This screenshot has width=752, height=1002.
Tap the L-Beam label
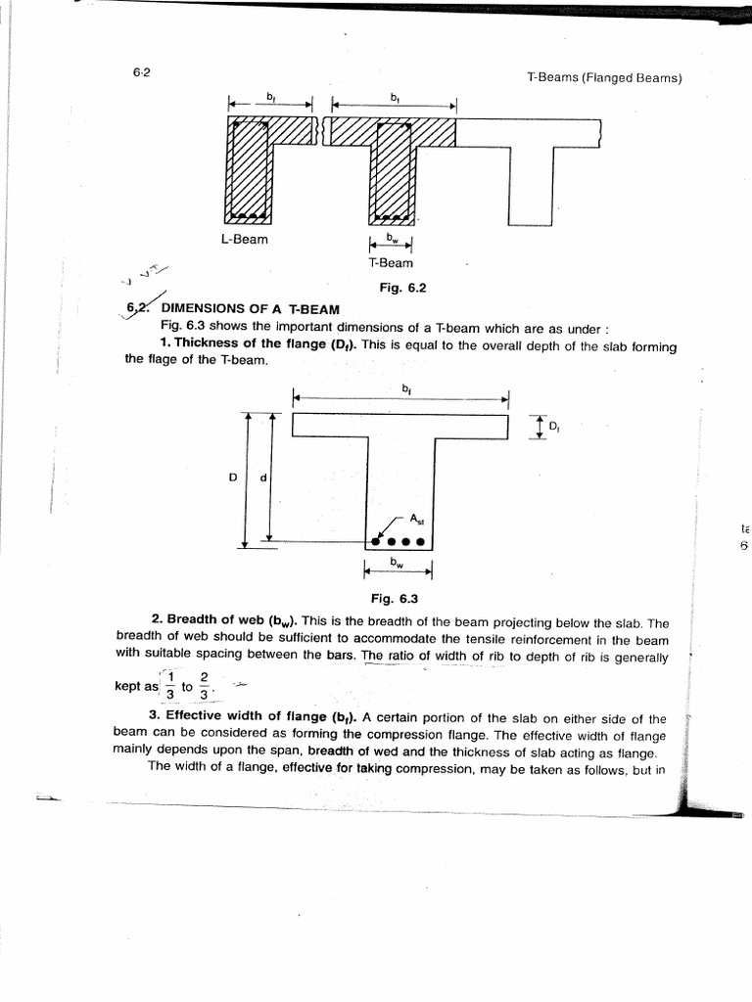tap(244, 239)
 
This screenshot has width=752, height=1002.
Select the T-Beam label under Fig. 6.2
tap(391, 262)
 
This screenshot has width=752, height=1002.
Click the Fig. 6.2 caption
tap(403, 288)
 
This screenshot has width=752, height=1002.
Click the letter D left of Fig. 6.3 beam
tap(232, 478)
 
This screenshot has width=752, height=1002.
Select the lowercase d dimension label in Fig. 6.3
tap(263, 478)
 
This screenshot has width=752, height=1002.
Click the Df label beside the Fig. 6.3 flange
tap(554, 427)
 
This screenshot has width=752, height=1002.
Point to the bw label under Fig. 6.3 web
tap(397, 563)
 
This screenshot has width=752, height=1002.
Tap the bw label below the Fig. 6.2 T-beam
tap(391, 238)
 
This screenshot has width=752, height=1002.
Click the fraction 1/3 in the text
tap(168, 686)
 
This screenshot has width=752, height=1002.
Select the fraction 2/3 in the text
tap(204, 686)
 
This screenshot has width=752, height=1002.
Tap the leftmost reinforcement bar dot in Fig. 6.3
tap(377, 540)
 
